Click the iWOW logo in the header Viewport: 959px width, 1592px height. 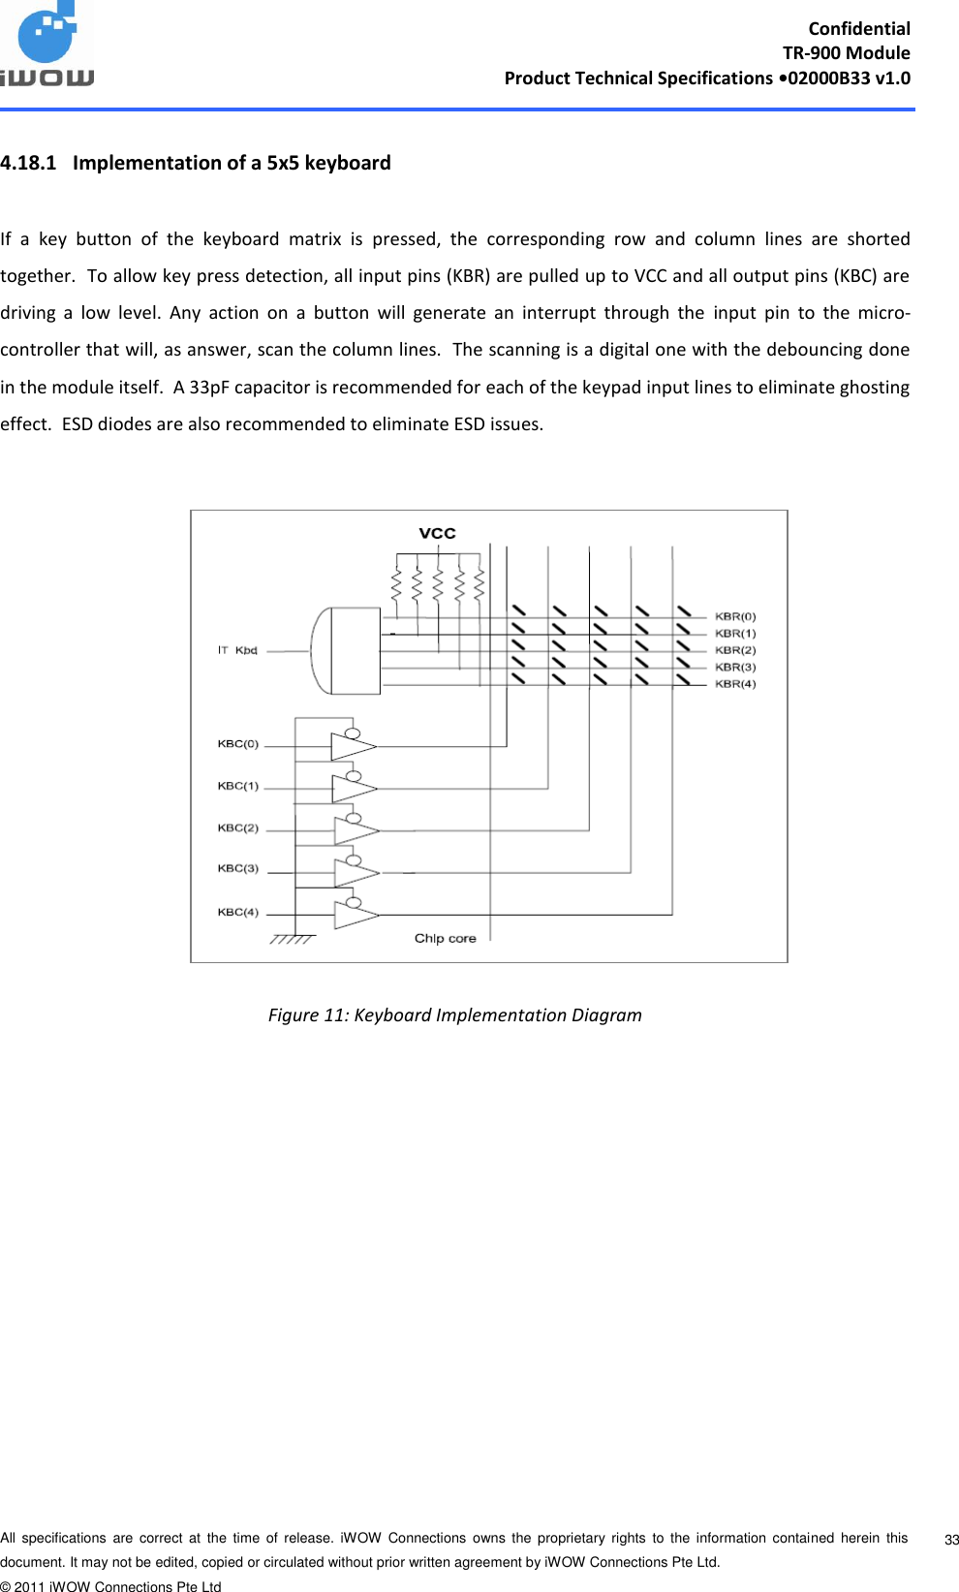[x=47, y=47]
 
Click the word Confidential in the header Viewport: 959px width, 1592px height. [x=859, y=28]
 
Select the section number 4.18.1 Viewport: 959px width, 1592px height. [x=28, y=163]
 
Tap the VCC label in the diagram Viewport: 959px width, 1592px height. [x=437, y=533]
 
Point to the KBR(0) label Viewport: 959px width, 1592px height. [x=735, y=616]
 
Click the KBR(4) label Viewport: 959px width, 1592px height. [x=735, y=684]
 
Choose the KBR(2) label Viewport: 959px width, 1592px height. [x=735, y=650]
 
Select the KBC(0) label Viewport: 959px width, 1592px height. [x=238, y=744]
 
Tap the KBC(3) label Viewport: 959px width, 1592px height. [x=238, y=868]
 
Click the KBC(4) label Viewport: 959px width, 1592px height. [x=238, y=912]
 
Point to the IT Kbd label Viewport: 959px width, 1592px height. [x=237, y=650]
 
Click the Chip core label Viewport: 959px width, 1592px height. [x=446, y=938]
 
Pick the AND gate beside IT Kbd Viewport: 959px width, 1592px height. [x=346, y=651]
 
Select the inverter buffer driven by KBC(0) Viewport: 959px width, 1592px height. [x=353, y=746]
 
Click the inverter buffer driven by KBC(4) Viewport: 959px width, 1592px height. [x=355, y=914]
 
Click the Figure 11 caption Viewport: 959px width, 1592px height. [x=454, y=1015]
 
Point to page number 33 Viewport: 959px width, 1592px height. [x=951, y=1540]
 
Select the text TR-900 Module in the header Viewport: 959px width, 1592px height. [x=846, y=53]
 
